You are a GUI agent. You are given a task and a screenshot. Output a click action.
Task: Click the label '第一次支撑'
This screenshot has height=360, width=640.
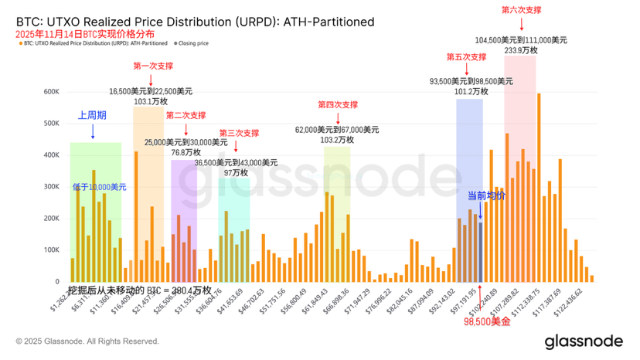154,66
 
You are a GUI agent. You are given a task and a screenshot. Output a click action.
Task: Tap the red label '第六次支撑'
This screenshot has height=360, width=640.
522,10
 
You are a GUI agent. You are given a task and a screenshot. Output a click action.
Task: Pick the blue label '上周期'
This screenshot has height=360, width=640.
92,115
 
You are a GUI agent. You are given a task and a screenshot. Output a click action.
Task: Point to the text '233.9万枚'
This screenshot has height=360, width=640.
521,49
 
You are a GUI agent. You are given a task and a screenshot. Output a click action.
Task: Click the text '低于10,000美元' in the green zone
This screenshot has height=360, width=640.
100,187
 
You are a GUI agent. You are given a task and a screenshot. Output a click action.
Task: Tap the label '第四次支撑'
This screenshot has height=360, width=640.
338,104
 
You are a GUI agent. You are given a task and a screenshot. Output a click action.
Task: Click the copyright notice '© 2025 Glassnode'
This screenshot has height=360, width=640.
87,341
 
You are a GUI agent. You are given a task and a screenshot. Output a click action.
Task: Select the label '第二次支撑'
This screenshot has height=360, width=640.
186,115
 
